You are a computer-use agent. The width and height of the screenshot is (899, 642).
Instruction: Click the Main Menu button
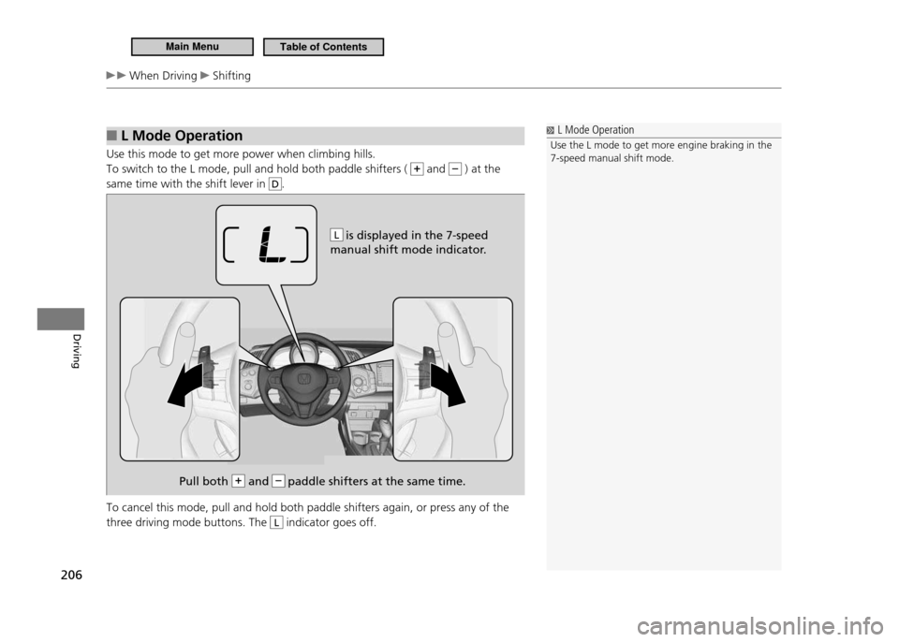(x=192, y=47)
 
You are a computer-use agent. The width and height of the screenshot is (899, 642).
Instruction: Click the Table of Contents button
(x=323, y=47)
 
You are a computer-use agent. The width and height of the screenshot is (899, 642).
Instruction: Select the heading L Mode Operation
(x=182, y=136)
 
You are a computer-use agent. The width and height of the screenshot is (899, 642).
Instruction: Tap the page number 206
(x=71, y=575)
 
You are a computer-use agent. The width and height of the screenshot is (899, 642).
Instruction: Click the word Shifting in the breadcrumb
(x=231, y=76)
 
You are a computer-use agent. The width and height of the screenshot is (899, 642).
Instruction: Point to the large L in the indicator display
(x=272, y=245)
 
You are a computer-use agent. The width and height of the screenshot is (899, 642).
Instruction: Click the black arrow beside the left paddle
(x=185, y=385)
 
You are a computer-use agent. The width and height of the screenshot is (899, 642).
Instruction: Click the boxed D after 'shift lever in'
(x=275, y=184)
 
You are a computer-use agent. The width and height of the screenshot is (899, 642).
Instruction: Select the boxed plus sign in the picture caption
(x=238, y=481)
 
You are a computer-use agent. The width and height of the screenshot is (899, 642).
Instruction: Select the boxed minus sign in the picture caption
(x=278, y=481)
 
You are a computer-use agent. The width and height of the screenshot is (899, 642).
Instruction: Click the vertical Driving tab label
(x=76, y=350)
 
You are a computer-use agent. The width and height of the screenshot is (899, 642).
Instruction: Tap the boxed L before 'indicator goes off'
(x=275, y=523)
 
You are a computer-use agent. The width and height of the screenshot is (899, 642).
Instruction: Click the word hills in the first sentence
(x=362, y=154)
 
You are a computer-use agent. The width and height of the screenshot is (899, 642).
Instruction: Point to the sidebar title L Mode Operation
(x=596, y=130)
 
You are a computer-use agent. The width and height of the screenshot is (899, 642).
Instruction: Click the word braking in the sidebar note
(x=730, y=146)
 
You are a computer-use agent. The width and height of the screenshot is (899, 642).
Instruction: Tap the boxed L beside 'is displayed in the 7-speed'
(x=336, y=235)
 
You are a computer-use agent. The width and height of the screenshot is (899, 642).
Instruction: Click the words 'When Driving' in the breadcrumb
(x=163, y=76)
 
